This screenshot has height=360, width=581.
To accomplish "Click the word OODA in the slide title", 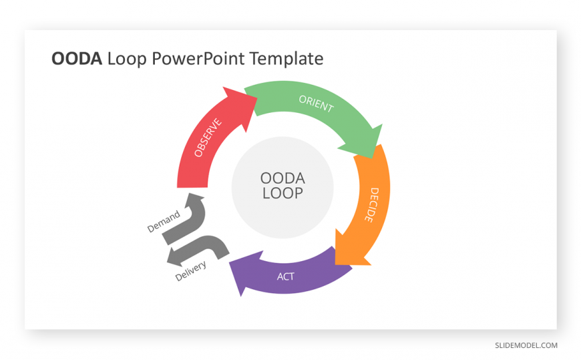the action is pyautogui.click(x=77, y=59).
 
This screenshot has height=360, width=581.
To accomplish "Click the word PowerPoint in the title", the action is pyautogui.click(x=198, y=59).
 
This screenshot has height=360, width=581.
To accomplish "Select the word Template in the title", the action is pyautogui.click(x=286, y=59).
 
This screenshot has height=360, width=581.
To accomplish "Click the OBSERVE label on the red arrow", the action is pyautogui.click(x=208, y=138).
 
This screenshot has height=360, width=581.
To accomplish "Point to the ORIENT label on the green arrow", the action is pyautogui.click(x=316, y=104).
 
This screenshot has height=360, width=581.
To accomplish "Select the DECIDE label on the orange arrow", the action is pyautogui.click(x=372, y=205).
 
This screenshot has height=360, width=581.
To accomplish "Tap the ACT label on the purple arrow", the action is pyautogui.click(x=286, y=277).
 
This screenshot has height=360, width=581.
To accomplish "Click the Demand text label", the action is pyautogui.click(x=164, y=221).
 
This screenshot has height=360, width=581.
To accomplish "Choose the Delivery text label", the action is pyautogui.click(x=190, y=271).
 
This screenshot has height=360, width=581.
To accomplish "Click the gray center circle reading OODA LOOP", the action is pyautogui.click(x=282, y=188).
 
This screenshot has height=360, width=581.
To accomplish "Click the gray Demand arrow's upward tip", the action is pyautogui.click(x=190, y=193).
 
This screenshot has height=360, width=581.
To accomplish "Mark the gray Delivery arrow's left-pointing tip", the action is pyautogui.click(x=167, y=262).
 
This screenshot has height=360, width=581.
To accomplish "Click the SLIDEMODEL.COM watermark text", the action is pyautogui.click(x=526, y=345).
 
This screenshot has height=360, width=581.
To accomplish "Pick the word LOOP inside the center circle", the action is pyautogui.click(x=282, y=193).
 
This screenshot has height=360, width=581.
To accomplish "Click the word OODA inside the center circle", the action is pyautogui.click(x=282, y=178).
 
